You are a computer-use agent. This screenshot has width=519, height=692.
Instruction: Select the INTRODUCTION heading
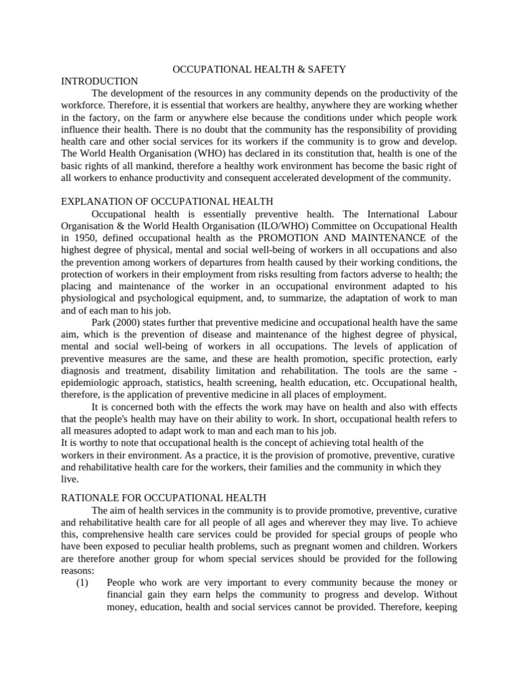click(x=99, y=81)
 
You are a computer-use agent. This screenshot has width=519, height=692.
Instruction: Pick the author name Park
click(x=102, y=322)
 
